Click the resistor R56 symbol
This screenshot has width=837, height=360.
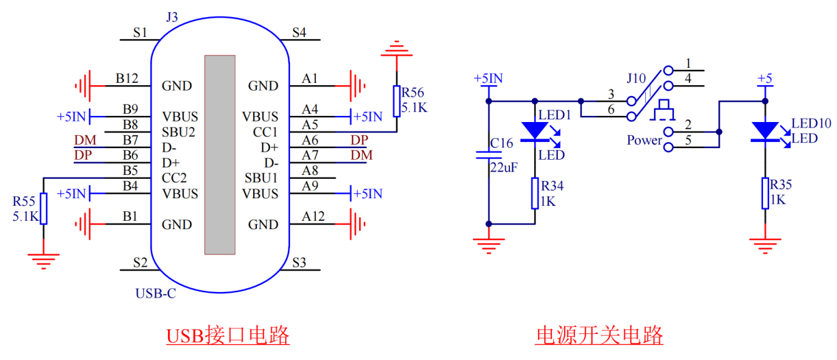[396, 101]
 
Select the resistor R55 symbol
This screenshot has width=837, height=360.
[43, 208]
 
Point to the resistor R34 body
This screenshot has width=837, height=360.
[535, 193]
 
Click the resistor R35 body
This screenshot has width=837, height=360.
[764, 193]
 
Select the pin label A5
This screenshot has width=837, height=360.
[310, 124]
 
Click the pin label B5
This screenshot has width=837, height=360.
[131, 171]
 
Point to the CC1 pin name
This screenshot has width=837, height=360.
[265, 132]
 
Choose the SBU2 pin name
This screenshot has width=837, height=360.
[178, 132]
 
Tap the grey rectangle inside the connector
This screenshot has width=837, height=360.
[219, 154]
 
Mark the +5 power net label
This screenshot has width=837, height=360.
[764, 78]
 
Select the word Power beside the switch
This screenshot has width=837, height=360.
[644, 141]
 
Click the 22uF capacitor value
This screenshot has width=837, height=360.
[503, 167]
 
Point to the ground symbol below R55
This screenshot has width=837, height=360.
[43, 259]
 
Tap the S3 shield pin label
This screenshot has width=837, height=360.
[299, 262]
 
